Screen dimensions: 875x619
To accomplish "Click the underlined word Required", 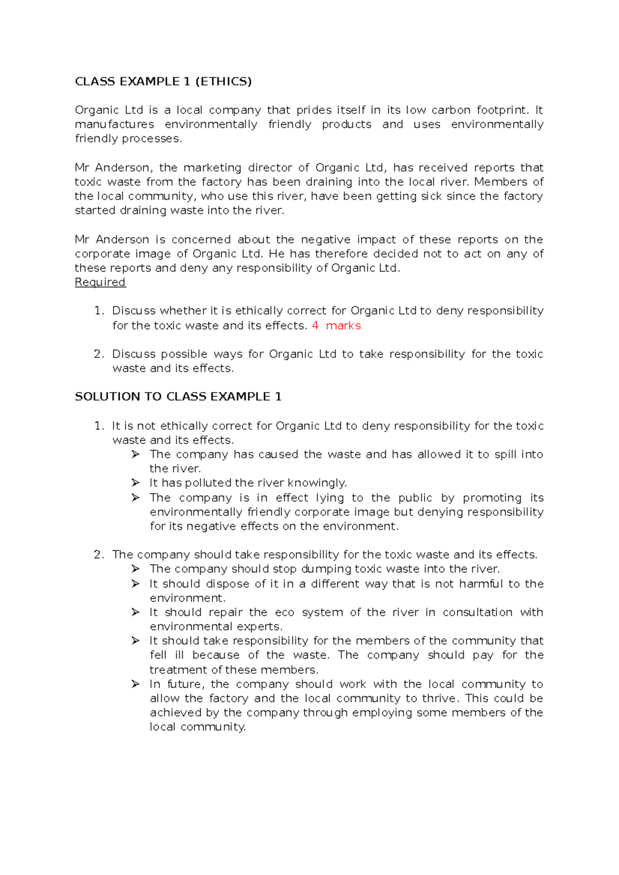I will tap(100, 282).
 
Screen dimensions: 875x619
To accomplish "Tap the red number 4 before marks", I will tap(315, 326).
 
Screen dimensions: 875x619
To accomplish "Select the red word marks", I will tap(343, 326).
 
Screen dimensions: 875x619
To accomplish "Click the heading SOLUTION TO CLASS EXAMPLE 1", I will tap(178, 396).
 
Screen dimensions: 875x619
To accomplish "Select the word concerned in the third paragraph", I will tap(201, 240).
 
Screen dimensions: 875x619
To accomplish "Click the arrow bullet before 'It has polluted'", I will tap(136, 483).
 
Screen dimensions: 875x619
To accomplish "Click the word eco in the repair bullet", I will tap(284, 612).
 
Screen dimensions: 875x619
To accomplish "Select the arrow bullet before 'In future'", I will tap(136, 684).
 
